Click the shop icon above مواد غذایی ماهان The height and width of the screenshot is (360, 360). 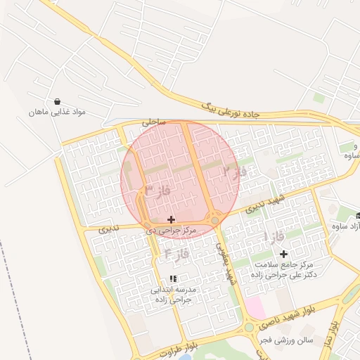pos(57,101)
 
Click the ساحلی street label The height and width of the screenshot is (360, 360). pos(154,122)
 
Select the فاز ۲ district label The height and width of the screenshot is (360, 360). pos(235,171)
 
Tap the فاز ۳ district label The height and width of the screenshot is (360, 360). pos(158,190)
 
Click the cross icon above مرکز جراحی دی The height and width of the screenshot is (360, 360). pos(171,219)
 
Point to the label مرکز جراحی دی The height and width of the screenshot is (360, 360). pos(169,230)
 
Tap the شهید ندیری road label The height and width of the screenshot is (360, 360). pos(260,204)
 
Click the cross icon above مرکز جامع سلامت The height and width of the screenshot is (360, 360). pos(283,254)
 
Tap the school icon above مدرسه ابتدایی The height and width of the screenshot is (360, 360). pos(173,279)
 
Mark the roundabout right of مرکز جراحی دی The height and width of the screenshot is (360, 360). pos(214,219)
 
